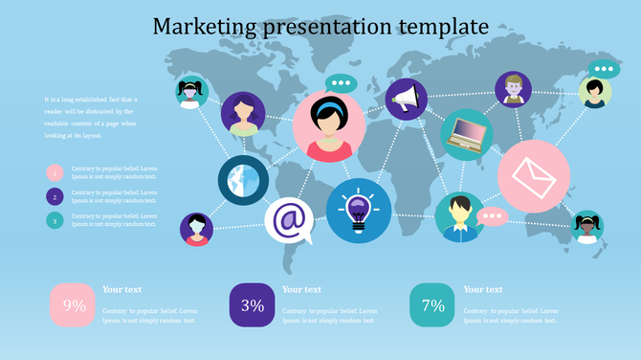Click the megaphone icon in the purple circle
pos(406,99)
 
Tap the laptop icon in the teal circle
pos(467,134)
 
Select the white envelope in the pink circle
pos(534,176)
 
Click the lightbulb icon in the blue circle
pos(359,210)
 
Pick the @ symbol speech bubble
pos(288,220)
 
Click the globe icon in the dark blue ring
pos(243,179)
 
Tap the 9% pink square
pos(74,305)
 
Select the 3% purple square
pos(253,305)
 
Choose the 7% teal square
pos(432,305)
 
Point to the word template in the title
pos(438,26)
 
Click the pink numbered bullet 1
pos(55,173)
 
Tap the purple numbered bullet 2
pos(55,197)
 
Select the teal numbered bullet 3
pos(55,221)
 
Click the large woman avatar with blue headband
pos(330,126)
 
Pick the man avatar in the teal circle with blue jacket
pos(460,216)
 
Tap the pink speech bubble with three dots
pos(493,217)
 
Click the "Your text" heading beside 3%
pos(302,289)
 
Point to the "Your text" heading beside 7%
pos(483,289)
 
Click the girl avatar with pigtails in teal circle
pos(586,227)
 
